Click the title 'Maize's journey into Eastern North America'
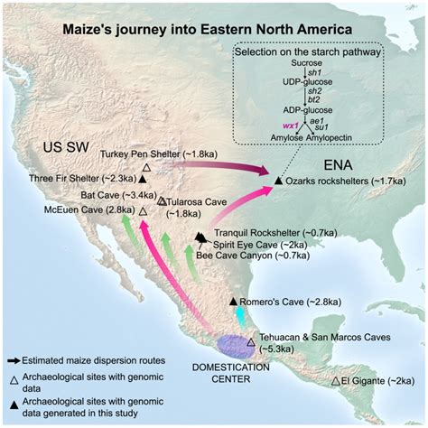pyautogui.click(x=215, y=29)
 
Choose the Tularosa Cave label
pyautogui.click(x=195, y=201)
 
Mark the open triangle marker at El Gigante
pyautogui.click(x=336, y=382)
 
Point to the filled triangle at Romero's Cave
pyautogui.click(x=233, y=300)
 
